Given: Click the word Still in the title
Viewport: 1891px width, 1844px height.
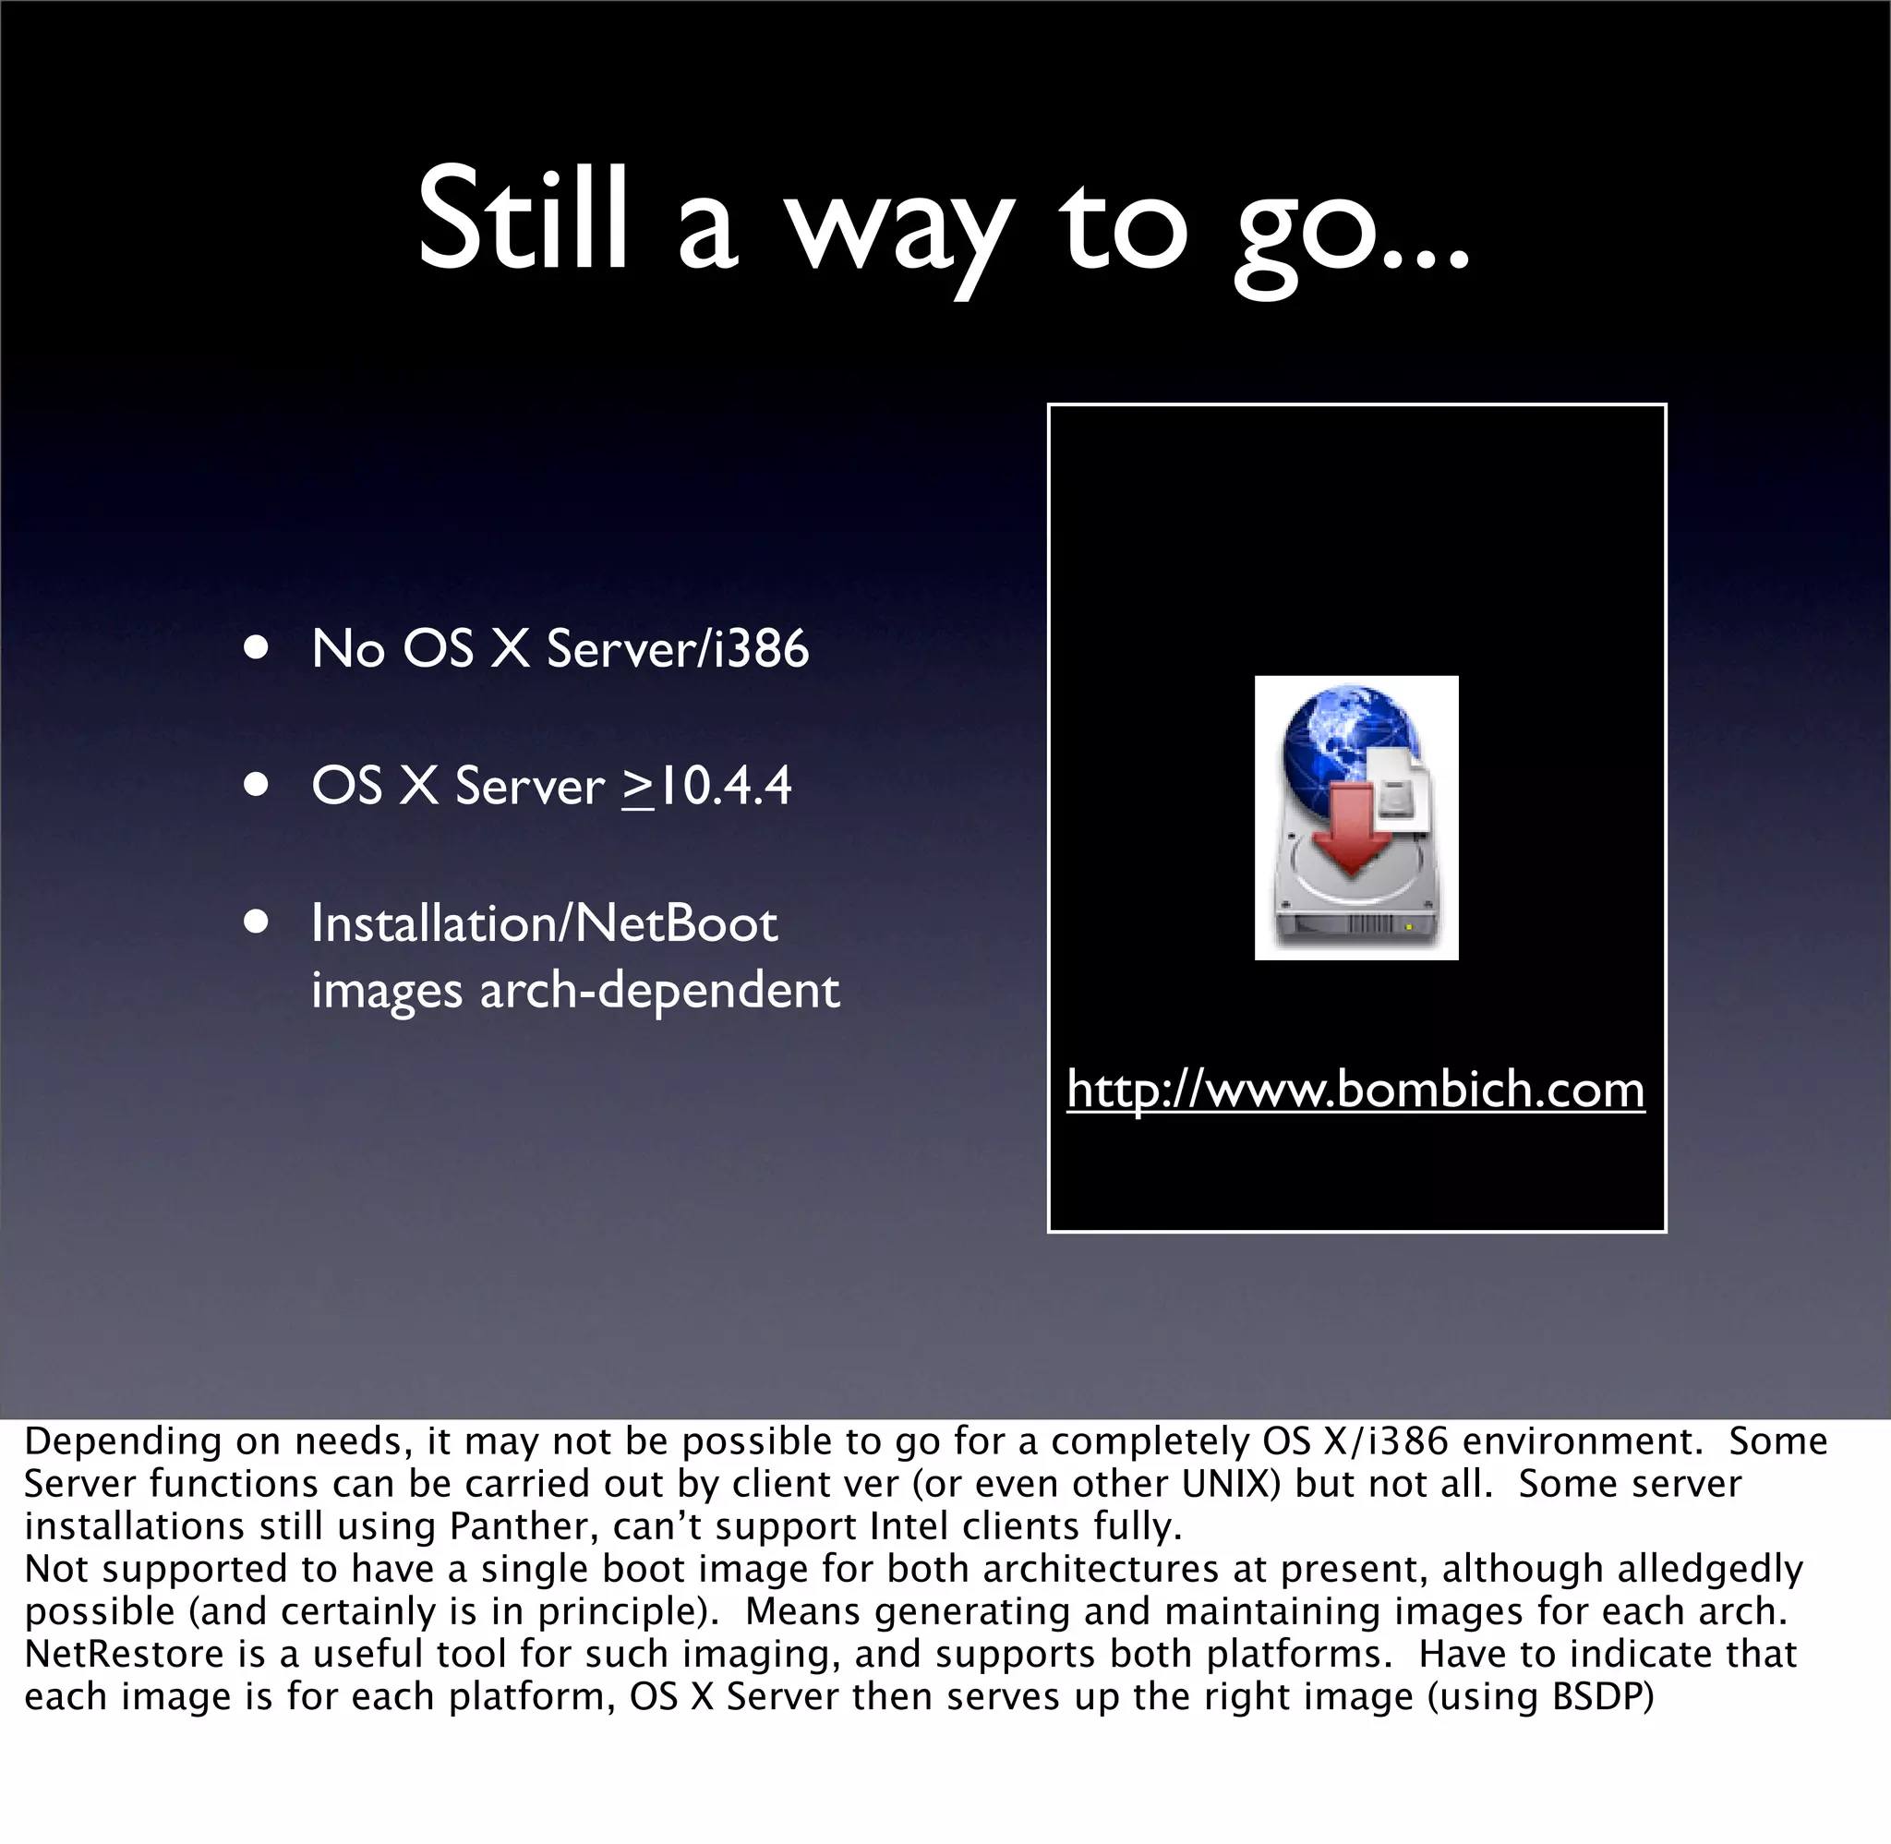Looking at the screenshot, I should [522, 218].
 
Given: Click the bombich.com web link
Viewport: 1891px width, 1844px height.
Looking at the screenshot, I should [1355, 1090].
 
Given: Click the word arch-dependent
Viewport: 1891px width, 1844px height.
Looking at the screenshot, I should [659, 991].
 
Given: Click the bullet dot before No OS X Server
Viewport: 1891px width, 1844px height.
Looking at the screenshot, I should [257, 648].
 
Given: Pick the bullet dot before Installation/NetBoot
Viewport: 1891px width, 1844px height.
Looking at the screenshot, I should [257, 923].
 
